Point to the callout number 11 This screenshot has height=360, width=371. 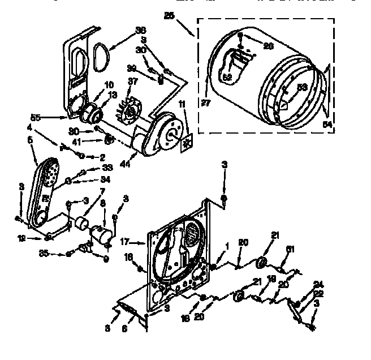click(x=182, y=105)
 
